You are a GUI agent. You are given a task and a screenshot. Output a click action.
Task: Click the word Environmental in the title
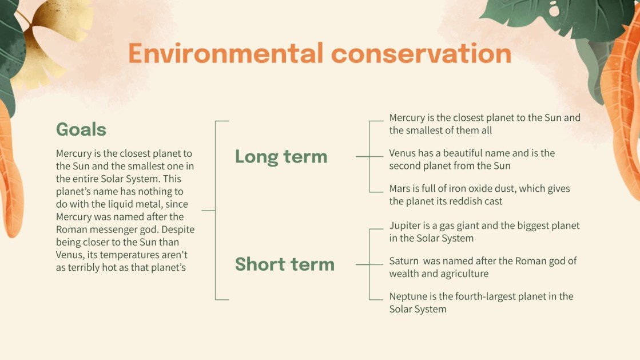(x=225, y=53)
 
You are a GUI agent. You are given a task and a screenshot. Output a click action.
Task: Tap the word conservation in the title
(x=421, y=53)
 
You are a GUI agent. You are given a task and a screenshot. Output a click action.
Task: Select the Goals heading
(x=81, y=129)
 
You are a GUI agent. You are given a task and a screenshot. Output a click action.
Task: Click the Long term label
(x=281, y=156)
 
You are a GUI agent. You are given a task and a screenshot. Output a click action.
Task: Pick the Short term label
(x=284, y=264)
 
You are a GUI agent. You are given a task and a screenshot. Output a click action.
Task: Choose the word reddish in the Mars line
(x=468, y=201)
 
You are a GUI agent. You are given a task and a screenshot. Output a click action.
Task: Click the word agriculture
(x=464, y=274)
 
